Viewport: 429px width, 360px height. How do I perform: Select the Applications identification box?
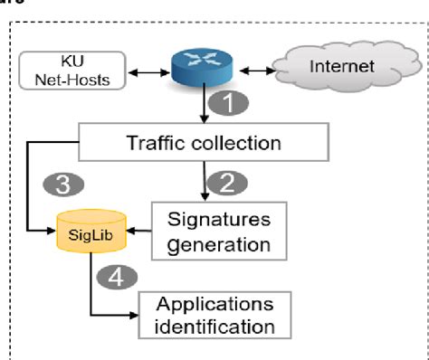pos(217,314)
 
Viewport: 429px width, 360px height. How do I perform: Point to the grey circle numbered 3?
pos(63,185)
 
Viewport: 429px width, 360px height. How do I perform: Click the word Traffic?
pos(158,142)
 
